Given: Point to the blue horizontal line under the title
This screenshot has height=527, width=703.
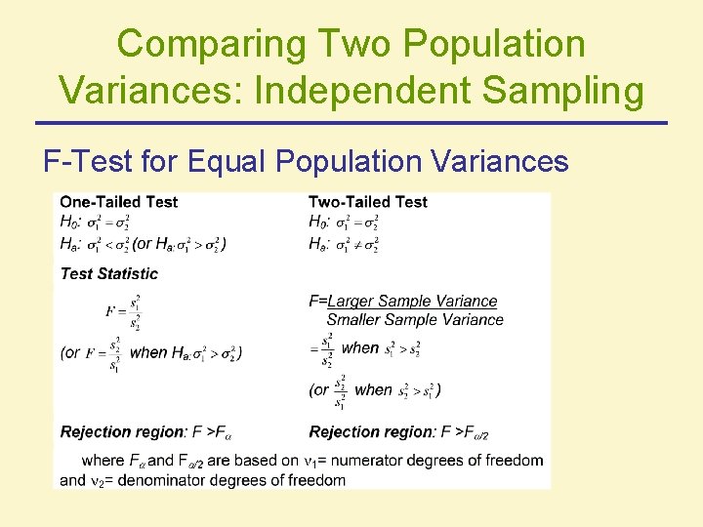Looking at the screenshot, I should [x=351, y=123].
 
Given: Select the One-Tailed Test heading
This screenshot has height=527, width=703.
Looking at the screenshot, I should [x=119, y=202].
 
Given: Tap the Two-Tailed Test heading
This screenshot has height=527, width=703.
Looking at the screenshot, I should [x=368, y=202].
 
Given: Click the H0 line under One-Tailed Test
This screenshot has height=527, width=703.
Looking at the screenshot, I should [x=107, y=223].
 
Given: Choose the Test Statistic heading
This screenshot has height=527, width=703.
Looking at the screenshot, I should [x=108, y=274].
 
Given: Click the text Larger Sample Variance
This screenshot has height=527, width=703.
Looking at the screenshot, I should [x=412, y=302].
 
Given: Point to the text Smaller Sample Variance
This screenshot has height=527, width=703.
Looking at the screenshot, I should [x=415, y=320].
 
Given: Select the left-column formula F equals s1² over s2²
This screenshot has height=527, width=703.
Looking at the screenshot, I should [x=124, y=312].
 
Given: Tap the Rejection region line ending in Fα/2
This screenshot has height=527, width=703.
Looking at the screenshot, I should [x=397, y=432].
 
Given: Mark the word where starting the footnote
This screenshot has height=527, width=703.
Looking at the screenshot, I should [x=103, y=460].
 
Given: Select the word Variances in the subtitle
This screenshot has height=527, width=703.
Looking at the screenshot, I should [x=485, y=160].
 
